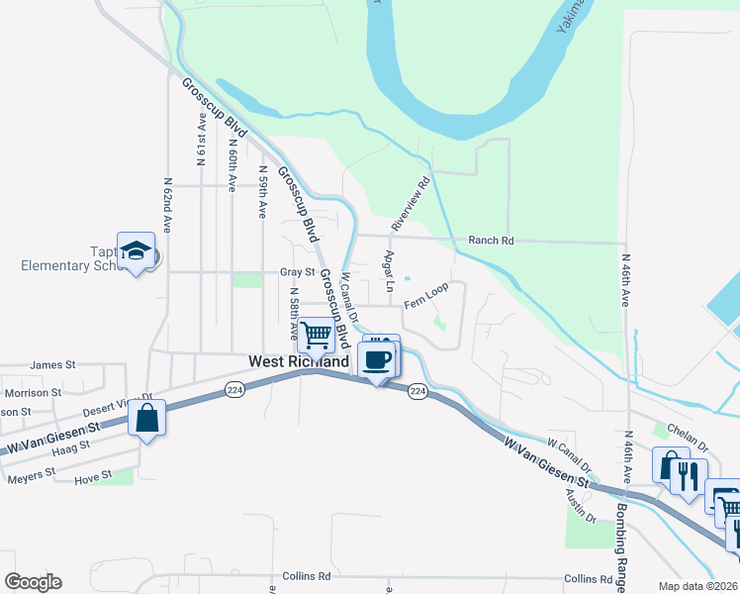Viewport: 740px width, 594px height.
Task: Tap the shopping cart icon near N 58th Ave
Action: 316,336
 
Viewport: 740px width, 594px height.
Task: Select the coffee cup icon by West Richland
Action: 377,359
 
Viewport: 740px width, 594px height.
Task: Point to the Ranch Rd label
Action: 492,241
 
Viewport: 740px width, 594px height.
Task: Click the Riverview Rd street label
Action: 411,204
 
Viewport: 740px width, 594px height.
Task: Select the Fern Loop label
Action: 426,295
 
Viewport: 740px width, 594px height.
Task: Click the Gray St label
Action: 296,271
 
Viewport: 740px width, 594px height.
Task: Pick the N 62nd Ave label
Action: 168,206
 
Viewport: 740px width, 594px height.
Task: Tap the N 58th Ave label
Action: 294,314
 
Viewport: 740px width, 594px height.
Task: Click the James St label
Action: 53,364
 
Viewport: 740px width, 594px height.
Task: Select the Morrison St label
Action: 34,393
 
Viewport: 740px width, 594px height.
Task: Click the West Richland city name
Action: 298,362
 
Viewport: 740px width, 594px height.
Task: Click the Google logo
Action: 33,581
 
